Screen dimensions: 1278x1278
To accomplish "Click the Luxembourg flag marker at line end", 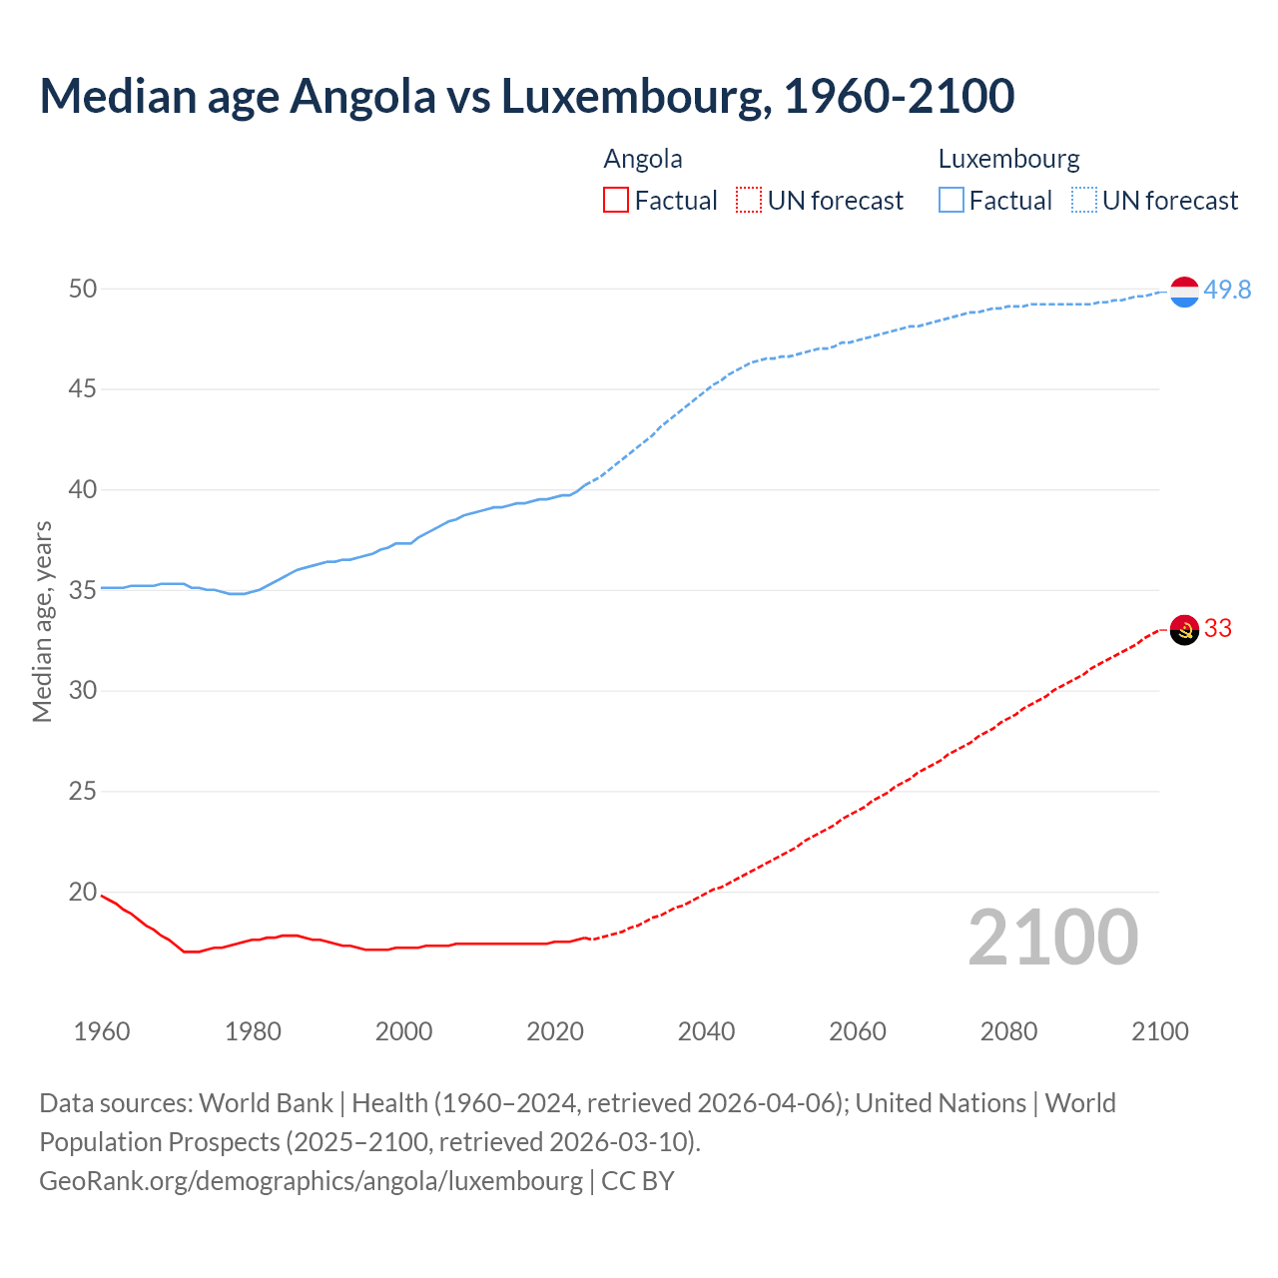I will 1184,292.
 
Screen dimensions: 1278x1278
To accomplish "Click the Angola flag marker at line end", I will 1184,630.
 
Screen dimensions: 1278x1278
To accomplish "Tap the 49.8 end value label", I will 1227,290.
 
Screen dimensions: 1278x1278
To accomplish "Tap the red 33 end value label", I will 1218,628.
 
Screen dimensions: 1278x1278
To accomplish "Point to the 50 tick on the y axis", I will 83,289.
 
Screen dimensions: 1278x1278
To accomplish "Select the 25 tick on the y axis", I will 83,792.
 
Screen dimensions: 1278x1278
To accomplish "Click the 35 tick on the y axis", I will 83,590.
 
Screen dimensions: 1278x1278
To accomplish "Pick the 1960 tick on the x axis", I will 102,1031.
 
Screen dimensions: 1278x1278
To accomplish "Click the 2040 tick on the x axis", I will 706,1031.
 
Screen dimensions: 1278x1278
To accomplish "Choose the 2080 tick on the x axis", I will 1008,1031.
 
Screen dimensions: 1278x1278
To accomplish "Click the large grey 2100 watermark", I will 1052,938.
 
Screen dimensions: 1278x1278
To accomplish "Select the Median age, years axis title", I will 42,621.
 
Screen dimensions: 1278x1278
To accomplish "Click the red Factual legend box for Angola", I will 616,201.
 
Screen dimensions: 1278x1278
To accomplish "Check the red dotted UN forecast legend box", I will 749,201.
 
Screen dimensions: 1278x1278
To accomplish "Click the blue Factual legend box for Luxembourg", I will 951,201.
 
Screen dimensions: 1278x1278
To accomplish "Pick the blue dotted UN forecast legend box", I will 1083,201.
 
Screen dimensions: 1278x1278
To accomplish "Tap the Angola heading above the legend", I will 643,159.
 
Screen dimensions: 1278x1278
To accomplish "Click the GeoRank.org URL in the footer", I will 311,1180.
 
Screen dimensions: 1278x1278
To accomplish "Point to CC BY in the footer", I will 638,1180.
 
